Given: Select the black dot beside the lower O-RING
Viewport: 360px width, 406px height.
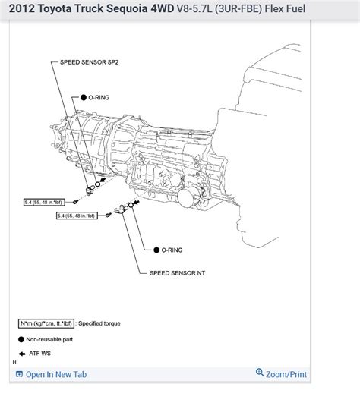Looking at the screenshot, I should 155,249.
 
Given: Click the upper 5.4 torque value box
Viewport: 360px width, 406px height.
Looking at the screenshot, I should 44,203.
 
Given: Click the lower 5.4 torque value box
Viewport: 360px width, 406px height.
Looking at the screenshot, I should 77,216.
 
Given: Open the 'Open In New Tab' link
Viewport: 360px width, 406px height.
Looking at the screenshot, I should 55,374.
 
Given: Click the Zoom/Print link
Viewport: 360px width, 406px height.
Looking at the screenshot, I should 286,374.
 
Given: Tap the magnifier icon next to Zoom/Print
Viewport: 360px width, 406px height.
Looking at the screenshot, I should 260,373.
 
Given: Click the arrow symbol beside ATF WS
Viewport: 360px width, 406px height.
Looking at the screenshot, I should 22,354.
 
